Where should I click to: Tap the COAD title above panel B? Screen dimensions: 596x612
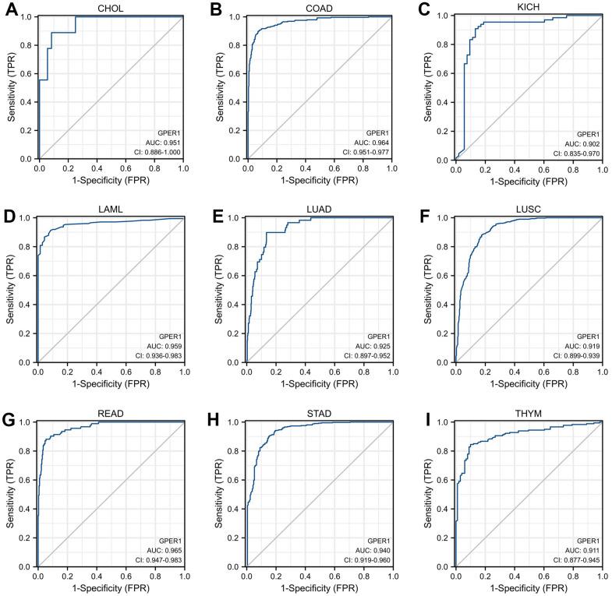(x=320, y=9)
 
